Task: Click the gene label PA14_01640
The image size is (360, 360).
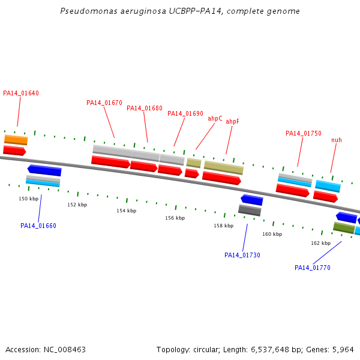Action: (x=21, y=93)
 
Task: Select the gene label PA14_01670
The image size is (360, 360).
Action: (x=104, y=103)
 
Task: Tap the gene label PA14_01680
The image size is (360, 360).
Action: (x=145, y=108)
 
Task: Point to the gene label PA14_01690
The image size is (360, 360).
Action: (x=185, y=113)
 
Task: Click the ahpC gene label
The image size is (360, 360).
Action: (x=215, y=118)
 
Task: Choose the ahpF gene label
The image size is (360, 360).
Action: (x=232, y=121)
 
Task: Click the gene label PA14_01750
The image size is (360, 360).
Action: (x=304, y=133)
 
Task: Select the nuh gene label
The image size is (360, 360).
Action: (x=337, y=140)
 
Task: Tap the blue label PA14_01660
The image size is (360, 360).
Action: (x=38, y=226)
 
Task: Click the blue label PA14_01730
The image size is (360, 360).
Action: (x=242, y=255)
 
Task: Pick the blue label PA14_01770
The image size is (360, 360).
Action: (x=313, y=268)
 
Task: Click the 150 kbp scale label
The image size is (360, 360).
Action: (x=28, y=199)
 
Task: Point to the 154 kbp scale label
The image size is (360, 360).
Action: (x=126, y=211)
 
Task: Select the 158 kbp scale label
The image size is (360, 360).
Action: (x=223, y=226)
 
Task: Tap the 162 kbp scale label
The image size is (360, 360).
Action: (x=320, y=243)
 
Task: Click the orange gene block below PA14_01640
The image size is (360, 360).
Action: (x=16, y=140)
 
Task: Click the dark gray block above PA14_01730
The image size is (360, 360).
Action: (x=250, y=210)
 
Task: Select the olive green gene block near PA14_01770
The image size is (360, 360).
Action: (x=344, y=228)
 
